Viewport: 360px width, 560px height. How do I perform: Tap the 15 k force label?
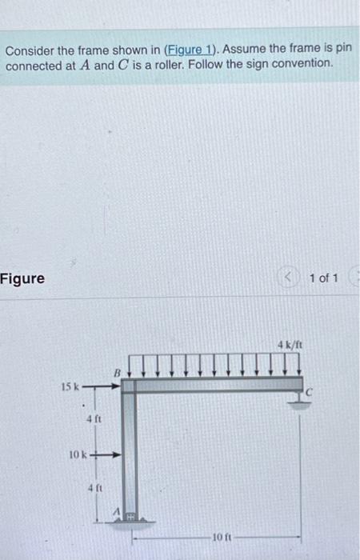(x=70, y=386)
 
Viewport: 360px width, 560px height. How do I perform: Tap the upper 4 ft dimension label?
(x=93, y=418)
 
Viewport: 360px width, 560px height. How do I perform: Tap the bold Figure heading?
(x=22, y=279)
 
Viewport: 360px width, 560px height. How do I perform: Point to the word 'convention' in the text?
(x=298, y=64)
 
